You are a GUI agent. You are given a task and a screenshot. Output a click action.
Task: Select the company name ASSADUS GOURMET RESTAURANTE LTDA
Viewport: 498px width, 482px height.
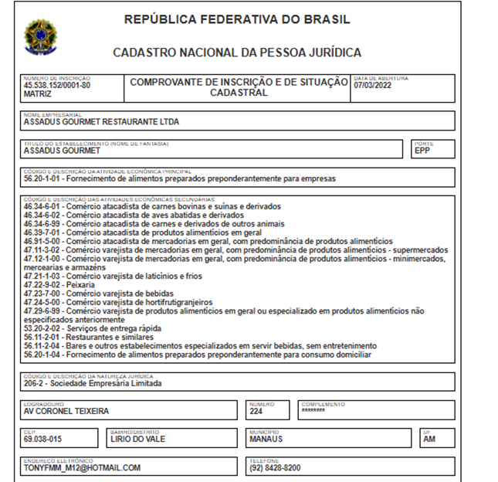[102, 121]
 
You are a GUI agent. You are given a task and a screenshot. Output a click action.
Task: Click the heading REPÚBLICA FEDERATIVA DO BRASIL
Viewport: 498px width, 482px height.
[237, 19]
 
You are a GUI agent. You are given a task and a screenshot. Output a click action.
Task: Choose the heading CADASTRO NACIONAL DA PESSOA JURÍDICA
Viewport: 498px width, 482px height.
[237, 53]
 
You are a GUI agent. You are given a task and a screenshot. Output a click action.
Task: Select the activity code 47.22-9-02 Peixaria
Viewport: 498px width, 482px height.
[59, 284]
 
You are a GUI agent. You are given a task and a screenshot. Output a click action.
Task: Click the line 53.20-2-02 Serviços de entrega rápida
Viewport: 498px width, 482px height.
[86, 328]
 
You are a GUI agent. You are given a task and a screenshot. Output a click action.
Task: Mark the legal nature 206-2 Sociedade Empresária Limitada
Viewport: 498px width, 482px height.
[93, 383]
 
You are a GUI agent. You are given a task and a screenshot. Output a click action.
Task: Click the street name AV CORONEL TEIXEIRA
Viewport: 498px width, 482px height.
[66, 411]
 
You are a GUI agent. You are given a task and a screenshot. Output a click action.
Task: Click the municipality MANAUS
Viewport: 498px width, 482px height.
[266, 440]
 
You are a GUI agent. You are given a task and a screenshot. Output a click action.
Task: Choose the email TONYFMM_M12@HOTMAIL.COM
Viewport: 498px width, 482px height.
[82, 467]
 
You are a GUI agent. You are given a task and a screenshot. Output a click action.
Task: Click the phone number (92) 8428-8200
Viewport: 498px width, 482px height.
[275, 467]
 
